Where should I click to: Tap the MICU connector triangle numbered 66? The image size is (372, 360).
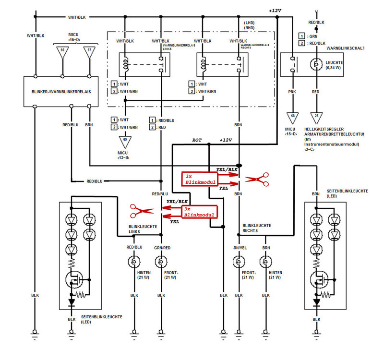click(x=62, y=53)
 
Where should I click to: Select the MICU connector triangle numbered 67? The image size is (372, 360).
click(x=89, y=53)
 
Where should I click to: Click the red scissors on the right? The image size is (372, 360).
click(x=256, y=180)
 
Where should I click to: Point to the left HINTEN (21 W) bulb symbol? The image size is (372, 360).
click(x=133, y=262)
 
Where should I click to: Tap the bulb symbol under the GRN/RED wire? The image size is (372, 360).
click(x=161, y=262)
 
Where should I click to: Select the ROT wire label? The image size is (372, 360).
click(x=197, y=140)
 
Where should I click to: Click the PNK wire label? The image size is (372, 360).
click(x=291, y=91)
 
